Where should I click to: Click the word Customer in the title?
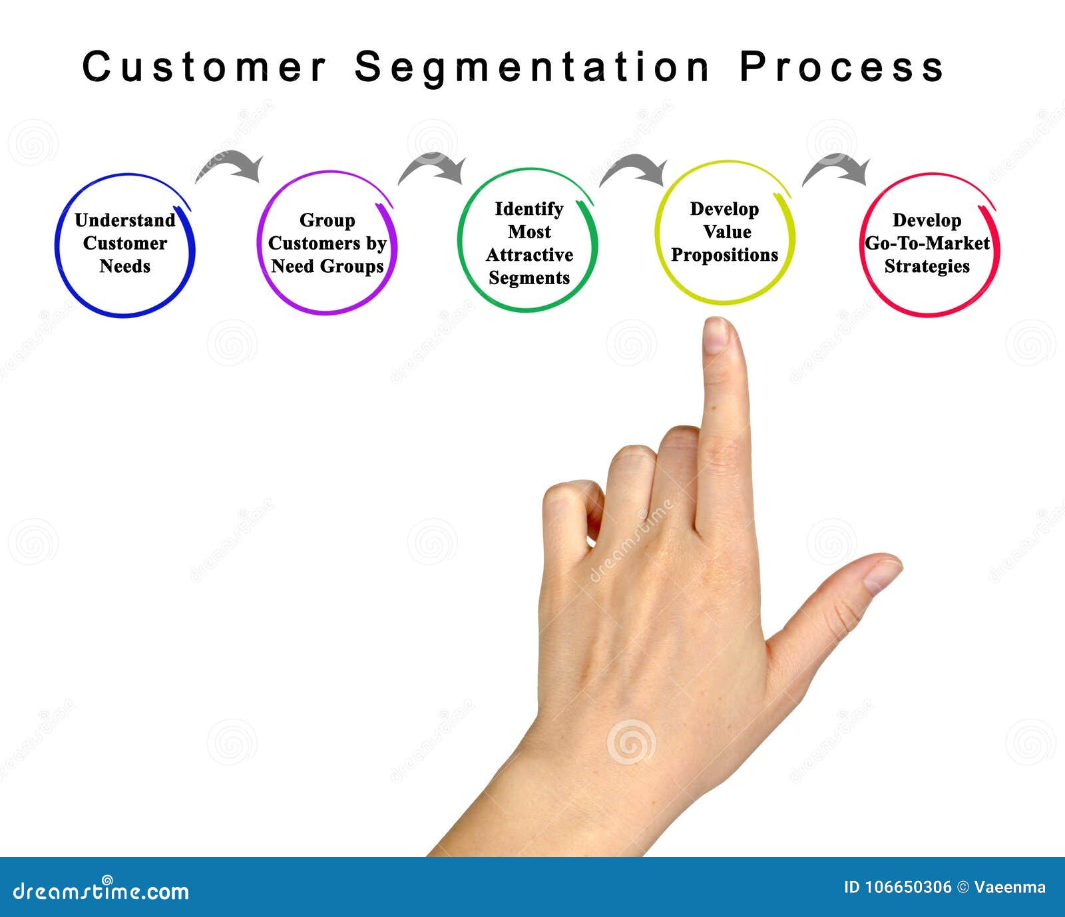coord(205,67)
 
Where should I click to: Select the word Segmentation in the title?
coord(532,68)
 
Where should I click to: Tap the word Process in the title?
coord(842,67)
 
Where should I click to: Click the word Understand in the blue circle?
coord(125,220)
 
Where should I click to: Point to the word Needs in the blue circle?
coord(125,266)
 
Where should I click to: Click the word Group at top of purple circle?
coord(327,220)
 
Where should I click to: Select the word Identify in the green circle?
coord(529,209)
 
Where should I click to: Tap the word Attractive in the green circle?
coord(529,255)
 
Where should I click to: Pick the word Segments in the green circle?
coord(529,278)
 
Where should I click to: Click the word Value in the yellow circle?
coord(727,232)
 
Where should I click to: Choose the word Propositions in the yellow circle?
coord(725,255)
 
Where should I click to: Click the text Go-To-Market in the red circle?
coord(927,244)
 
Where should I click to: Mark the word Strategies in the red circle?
coord(927,266)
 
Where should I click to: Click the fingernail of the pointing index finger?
coord(717,335)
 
